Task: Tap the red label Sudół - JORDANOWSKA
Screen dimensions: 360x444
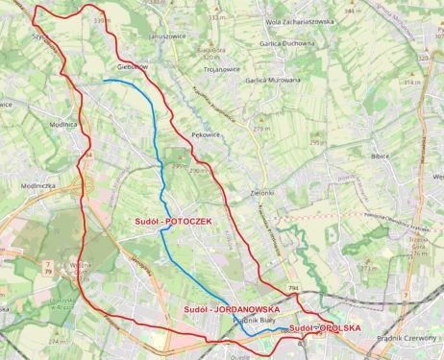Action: pos(232,310)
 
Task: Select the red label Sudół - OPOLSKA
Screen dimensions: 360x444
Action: pos(325,328)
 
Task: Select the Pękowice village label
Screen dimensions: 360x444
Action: pos(206,135)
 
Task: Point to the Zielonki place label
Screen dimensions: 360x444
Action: pos(251,193)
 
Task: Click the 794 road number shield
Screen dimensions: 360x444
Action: pos(291,287)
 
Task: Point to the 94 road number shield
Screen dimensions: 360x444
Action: pos(88,154)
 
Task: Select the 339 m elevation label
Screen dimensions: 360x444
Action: pos(121,18)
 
